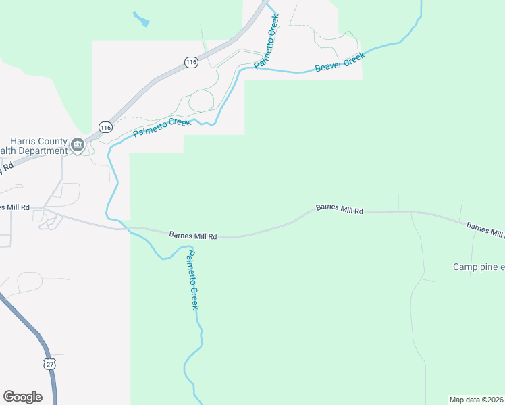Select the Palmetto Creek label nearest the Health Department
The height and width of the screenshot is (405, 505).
(x=162, y=126)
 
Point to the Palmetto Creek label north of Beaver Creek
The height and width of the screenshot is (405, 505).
(x=267, y=41)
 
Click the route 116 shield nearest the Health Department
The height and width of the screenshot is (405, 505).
(x=105, y=127)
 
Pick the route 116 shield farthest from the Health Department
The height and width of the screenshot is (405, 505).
(x=191, y=62)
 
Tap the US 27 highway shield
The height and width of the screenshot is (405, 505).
(x=50, y=364)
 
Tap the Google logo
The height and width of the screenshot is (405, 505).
(x=22, y=397)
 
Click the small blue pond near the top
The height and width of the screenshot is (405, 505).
(x=141, y=19)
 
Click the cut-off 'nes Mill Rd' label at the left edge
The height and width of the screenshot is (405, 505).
(x=14, y=207)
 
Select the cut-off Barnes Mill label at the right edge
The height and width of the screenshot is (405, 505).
(x=485, y=230)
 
